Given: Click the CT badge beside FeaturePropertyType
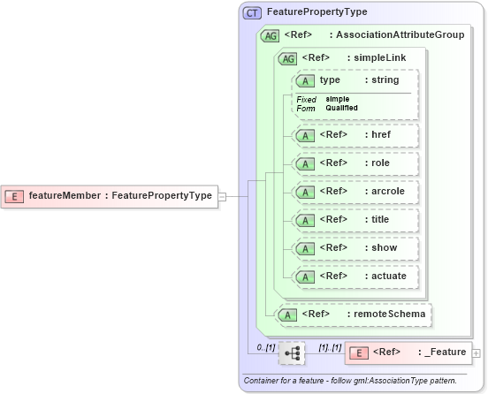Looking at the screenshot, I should coord(252,13).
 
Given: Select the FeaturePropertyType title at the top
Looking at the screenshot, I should coord(316,12).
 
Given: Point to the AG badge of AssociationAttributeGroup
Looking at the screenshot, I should coord(269,36).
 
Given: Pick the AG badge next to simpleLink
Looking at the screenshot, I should coord(287,58).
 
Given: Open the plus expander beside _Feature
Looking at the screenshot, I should coord(477,353).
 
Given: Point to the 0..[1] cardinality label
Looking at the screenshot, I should coord(265,347).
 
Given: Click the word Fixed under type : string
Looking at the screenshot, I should coord(307,99).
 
